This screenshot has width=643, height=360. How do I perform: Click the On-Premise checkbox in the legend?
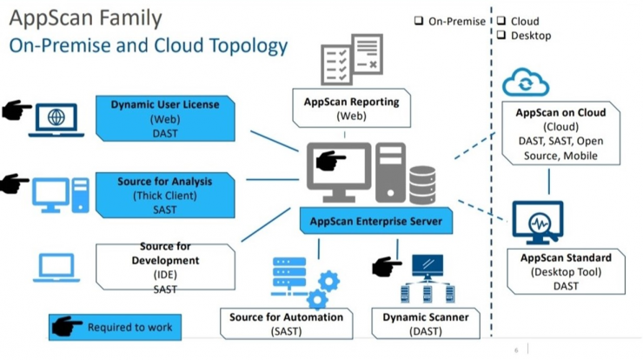tap(418, 21)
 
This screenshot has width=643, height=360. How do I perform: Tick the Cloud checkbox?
tap(501, 21)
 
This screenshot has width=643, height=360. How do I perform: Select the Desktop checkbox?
tap(501, 35)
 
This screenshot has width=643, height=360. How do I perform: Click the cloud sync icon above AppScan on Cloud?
tap(526, 82)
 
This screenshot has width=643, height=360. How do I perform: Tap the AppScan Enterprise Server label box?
tap(376, 221)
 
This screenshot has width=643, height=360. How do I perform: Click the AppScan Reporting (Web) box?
tap(351, 108)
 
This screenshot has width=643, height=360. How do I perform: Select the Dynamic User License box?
tap(165, 118)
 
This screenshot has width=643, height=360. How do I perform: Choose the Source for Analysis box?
tap(165, 196)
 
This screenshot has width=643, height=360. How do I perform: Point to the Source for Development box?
tap(165, 267)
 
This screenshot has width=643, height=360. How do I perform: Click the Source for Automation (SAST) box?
tap(286, 323)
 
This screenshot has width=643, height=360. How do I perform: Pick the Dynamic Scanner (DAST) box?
tap(426, 323)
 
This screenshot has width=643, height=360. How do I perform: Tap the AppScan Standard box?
tap(566, 271)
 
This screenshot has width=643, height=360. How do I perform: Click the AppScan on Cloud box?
tap(560, 133)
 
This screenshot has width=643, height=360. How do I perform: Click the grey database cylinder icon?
tap(422, 184)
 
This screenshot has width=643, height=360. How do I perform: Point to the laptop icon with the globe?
tap(56, 120)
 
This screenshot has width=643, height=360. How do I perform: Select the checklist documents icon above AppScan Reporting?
tap(352, 59)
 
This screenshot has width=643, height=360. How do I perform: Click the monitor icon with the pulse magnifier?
tap(538, 222)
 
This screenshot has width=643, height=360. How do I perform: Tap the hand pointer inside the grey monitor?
tap(330, 160)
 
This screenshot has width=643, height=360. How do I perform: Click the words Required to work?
tap(129, 327)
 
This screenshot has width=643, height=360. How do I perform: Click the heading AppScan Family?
tap(86, 18)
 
